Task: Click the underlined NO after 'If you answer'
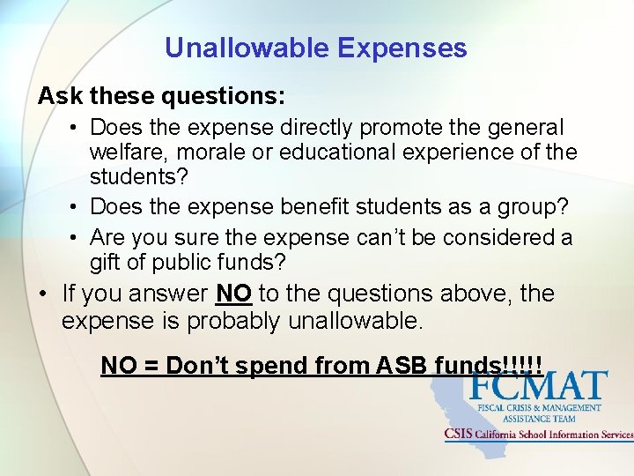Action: [233, 294]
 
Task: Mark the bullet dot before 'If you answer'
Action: [43, 294]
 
